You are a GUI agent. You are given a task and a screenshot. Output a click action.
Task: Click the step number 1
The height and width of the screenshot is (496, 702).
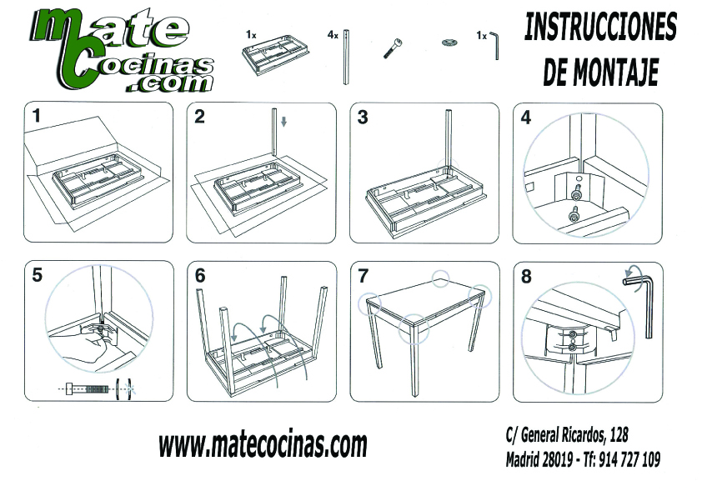36,116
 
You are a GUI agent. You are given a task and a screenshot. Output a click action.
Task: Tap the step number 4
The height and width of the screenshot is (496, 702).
525,118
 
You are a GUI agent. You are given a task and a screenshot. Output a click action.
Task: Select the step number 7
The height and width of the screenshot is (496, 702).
363,276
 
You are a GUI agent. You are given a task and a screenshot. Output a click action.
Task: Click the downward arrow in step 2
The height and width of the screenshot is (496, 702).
283,122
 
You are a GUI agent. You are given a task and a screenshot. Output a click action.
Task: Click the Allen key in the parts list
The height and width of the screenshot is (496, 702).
494,45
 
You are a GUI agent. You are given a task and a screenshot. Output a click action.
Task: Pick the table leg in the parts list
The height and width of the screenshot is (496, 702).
346,57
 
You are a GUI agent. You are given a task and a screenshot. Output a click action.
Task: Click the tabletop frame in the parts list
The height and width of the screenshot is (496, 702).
276,55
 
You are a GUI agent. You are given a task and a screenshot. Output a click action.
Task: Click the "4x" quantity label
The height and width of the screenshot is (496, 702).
333,35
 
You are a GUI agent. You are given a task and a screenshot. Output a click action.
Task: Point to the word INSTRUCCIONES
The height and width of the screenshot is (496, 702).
600,27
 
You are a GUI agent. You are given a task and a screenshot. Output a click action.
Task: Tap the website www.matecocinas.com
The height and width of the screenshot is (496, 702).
263,444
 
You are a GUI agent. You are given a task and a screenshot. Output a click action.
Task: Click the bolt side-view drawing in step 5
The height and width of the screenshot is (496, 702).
88,388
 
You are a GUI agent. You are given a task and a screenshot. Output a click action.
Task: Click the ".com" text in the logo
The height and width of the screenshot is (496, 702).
169,83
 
